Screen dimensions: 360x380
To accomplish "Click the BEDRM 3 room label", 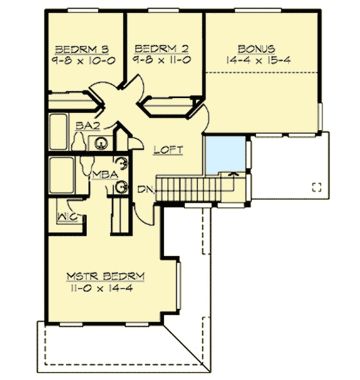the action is [x=82, y=50].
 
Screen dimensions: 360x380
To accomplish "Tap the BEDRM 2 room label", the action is [x=161, y=49].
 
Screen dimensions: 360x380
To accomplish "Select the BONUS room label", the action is [x=257, y=49].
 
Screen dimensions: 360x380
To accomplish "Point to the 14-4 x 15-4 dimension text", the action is [x=258, y=60].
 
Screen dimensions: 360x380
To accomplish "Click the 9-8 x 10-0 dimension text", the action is [x=83, y=61].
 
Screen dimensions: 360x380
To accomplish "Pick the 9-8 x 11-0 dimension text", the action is [x=162, y=60].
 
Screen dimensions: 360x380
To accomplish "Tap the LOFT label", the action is [x=168, y=150].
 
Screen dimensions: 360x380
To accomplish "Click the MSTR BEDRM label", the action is [x=105, y=277].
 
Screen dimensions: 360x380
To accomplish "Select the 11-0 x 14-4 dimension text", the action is [x=102, y=288].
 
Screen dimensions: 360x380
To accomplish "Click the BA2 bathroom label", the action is [x=88, y=126].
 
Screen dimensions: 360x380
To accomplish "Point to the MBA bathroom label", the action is [x=105, y=175].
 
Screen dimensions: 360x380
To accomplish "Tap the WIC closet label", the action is [x=68, y=216].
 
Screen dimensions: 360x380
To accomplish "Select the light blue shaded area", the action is [x=225, y=155].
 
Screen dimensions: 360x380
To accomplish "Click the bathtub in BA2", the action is [x=58, y=132].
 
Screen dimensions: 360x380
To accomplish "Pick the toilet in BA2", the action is [x=79, y=142].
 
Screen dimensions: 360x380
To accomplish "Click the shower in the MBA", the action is [x=61, y=175].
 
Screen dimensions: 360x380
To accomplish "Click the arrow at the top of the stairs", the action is [x=234, y=174].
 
